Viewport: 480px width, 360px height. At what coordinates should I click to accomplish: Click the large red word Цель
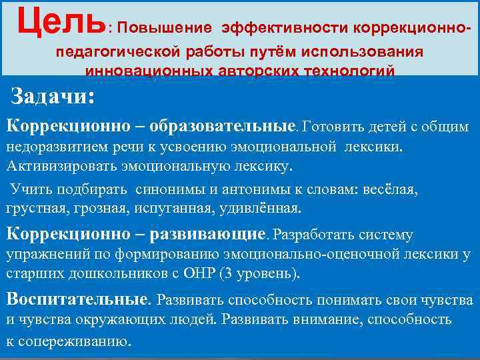61,22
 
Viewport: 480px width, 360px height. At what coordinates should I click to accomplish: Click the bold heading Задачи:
53,97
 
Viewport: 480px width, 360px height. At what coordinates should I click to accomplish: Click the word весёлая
389,189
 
